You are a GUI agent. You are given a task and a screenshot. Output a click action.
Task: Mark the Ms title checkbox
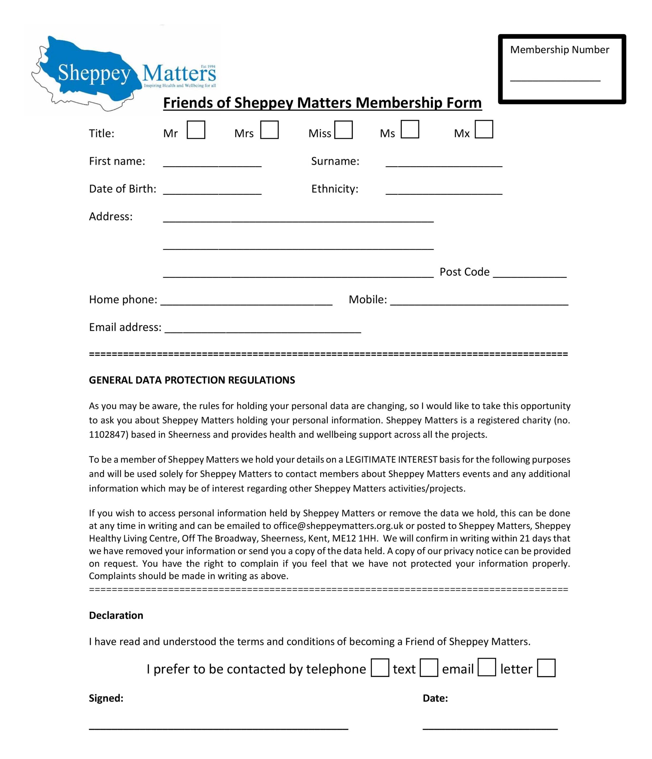410,129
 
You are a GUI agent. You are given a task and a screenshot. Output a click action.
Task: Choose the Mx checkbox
484,129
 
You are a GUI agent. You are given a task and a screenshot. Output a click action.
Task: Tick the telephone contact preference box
380,668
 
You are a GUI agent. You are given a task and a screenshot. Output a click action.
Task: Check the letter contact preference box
546,668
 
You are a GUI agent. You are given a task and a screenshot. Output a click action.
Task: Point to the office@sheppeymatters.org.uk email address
338,526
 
